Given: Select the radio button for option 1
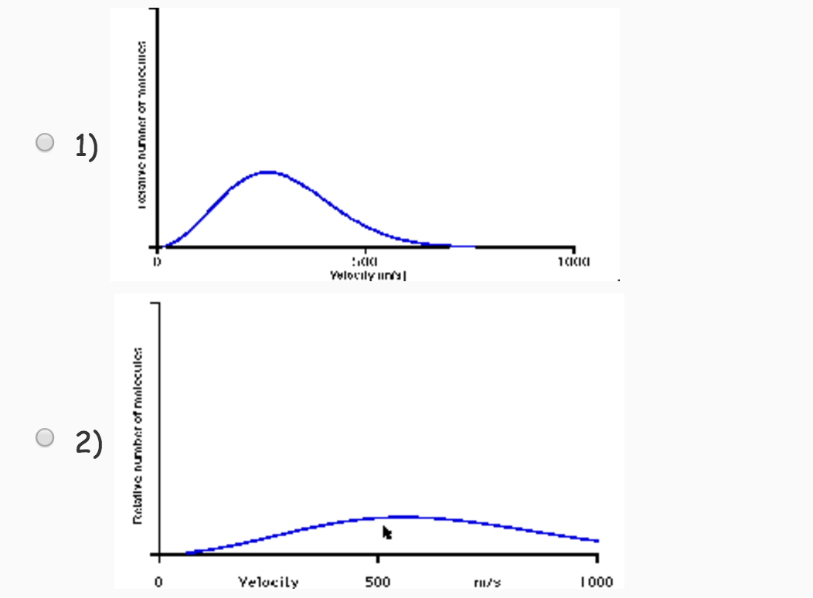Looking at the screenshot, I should coord(46,142).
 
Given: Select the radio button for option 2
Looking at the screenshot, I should coord(46,438).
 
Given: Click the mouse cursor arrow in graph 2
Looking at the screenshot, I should coord(387,532).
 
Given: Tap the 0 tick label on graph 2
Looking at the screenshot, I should coord(158,581).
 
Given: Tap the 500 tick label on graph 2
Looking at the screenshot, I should coord(377,581).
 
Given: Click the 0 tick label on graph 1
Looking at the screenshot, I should coord(157,262).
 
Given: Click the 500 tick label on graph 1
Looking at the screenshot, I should coord(365,262).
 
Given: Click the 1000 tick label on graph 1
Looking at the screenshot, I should coord(573,262).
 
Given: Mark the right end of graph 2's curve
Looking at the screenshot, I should coord(598,541).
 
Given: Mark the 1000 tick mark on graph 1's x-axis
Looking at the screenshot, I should coord(573,248).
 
